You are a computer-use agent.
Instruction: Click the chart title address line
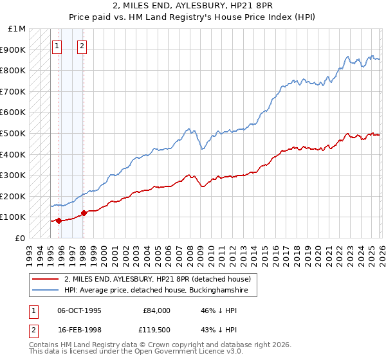193,6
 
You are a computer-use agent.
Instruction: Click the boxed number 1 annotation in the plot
57,46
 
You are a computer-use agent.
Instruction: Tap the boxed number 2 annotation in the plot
83,46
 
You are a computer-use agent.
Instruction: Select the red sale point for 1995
59,221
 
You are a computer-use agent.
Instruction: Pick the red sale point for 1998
84,213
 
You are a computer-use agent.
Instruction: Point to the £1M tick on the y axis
17,29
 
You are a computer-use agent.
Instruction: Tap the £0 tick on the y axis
21,238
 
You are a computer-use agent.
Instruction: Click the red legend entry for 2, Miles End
161,279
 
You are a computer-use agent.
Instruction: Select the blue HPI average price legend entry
160,291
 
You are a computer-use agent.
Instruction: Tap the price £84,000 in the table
156,310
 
